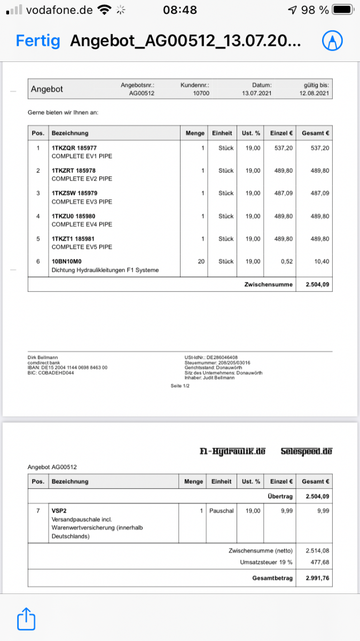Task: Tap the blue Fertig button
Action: [x=38, y=41]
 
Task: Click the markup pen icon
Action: [x=332, y=41]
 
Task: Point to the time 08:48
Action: [x=179, y=10]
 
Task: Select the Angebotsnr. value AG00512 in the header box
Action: [x=142, y=93]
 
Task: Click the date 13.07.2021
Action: [x=257, y=93]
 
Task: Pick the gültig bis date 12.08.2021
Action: [x=315, y=93]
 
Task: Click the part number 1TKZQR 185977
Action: [x=74, y=148]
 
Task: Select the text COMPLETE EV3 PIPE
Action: [x=82, y=202]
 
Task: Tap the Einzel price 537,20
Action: [x=283, y=148]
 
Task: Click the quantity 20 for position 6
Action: [x=201, y=261]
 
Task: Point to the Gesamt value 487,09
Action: [x=320, y=193]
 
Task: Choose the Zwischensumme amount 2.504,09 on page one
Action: [x=318, y=285]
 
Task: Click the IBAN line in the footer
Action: [x=67, y=368]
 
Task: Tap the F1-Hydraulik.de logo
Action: [x=232, y=451]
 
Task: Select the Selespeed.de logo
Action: [x=306, y=451]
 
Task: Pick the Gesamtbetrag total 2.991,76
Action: [x=317, y=578]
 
